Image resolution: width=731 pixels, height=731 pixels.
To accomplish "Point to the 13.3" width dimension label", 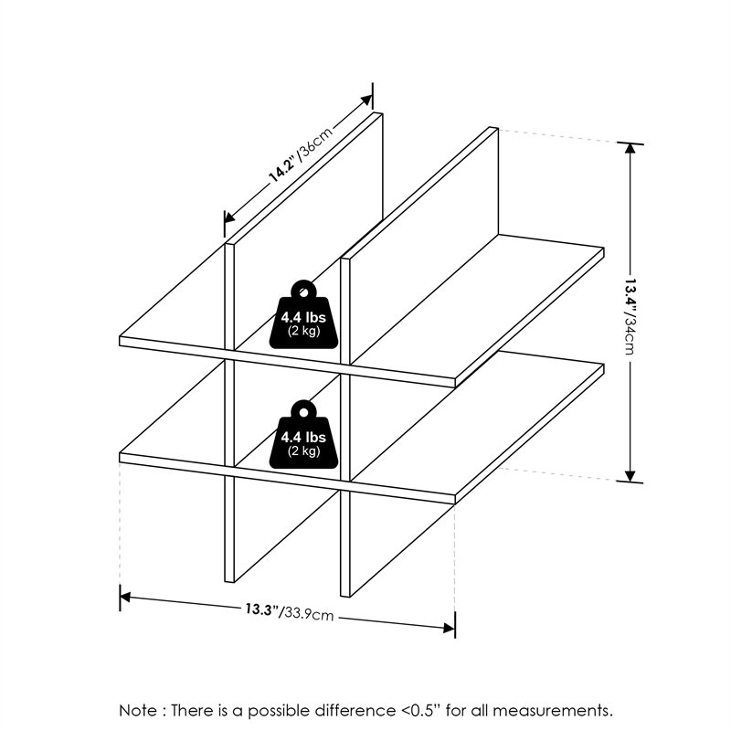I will click(x=261, y=609).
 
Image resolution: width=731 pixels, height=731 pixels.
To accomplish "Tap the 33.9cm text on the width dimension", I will click(x=307, y=613).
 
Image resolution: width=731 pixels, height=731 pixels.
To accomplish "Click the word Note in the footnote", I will click(x=138, y=710).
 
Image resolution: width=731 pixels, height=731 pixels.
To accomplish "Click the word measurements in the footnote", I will click(x=557, y=710).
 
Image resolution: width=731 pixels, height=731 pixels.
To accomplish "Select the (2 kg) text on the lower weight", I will click(x=303, y=451).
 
